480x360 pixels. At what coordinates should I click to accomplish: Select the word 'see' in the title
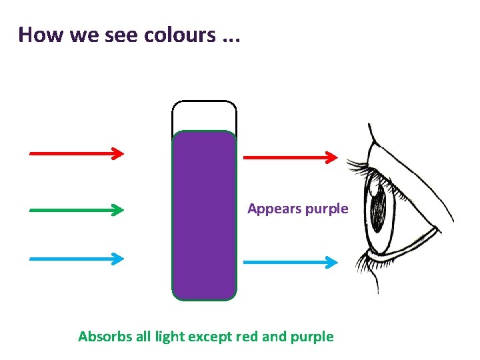(122, 35)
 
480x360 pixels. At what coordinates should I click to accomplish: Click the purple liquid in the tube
(204, 213)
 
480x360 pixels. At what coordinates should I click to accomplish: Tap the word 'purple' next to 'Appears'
(327, 209)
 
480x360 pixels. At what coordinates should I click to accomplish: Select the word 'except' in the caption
(211, 337)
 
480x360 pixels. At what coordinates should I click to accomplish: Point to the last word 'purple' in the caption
(312, 337)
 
